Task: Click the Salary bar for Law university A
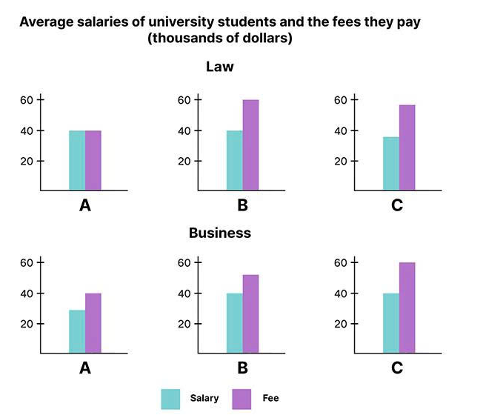77,161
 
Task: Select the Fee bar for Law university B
250,145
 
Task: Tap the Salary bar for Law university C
390,164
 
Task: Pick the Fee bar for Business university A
93,324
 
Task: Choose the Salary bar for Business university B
234,324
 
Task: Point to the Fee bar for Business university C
407,308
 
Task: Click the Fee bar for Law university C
407,147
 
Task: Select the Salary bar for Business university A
77,331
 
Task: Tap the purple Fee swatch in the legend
242,399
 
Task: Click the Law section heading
219,67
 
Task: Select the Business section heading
220,233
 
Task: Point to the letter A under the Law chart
85,205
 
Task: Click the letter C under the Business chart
398,368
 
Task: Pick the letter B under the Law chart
242,205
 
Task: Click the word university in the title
172,21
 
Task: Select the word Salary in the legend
204,399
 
